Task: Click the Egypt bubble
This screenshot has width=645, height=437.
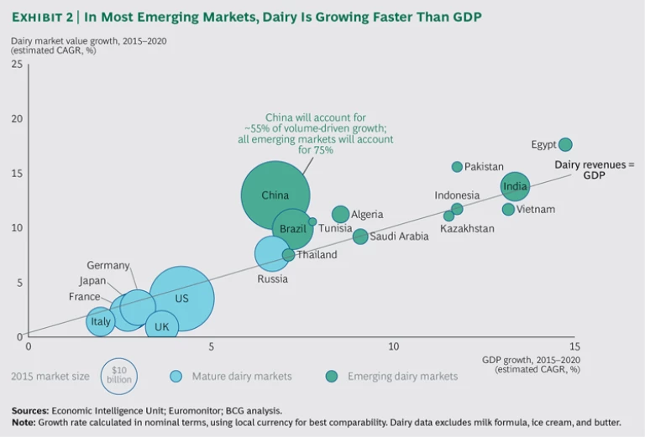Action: tap(565, 144)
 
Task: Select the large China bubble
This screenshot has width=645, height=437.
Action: tap(275, 195)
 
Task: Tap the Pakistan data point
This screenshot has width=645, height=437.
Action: tap(457, 167)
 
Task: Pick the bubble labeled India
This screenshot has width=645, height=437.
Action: tap(515, 187)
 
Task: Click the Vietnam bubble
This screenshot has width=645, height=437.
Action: tap(508, 209)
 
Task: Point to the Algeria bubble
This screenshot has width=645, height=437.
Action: tap(340, 215)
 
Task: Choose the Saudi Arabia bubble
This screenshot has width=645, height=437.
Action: tap(359, 237)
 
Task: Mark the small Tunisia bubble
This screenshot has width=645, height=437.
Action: tap(312, 222)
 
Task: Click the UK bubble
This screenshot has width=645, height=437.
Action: tap(162, 327)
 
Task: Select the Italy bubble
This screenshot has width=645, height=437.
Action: tap(101, 321)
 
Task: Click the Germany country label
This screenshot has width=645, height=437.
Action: tap(108, 266)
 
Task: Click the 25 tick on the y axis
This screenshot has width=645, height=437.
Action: tap(17, 65)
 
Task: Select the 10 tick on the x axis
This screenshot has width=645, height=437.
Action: tap(393, 346)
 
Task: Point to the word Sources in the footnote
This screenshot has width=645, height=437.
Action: tap(31, 410)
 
